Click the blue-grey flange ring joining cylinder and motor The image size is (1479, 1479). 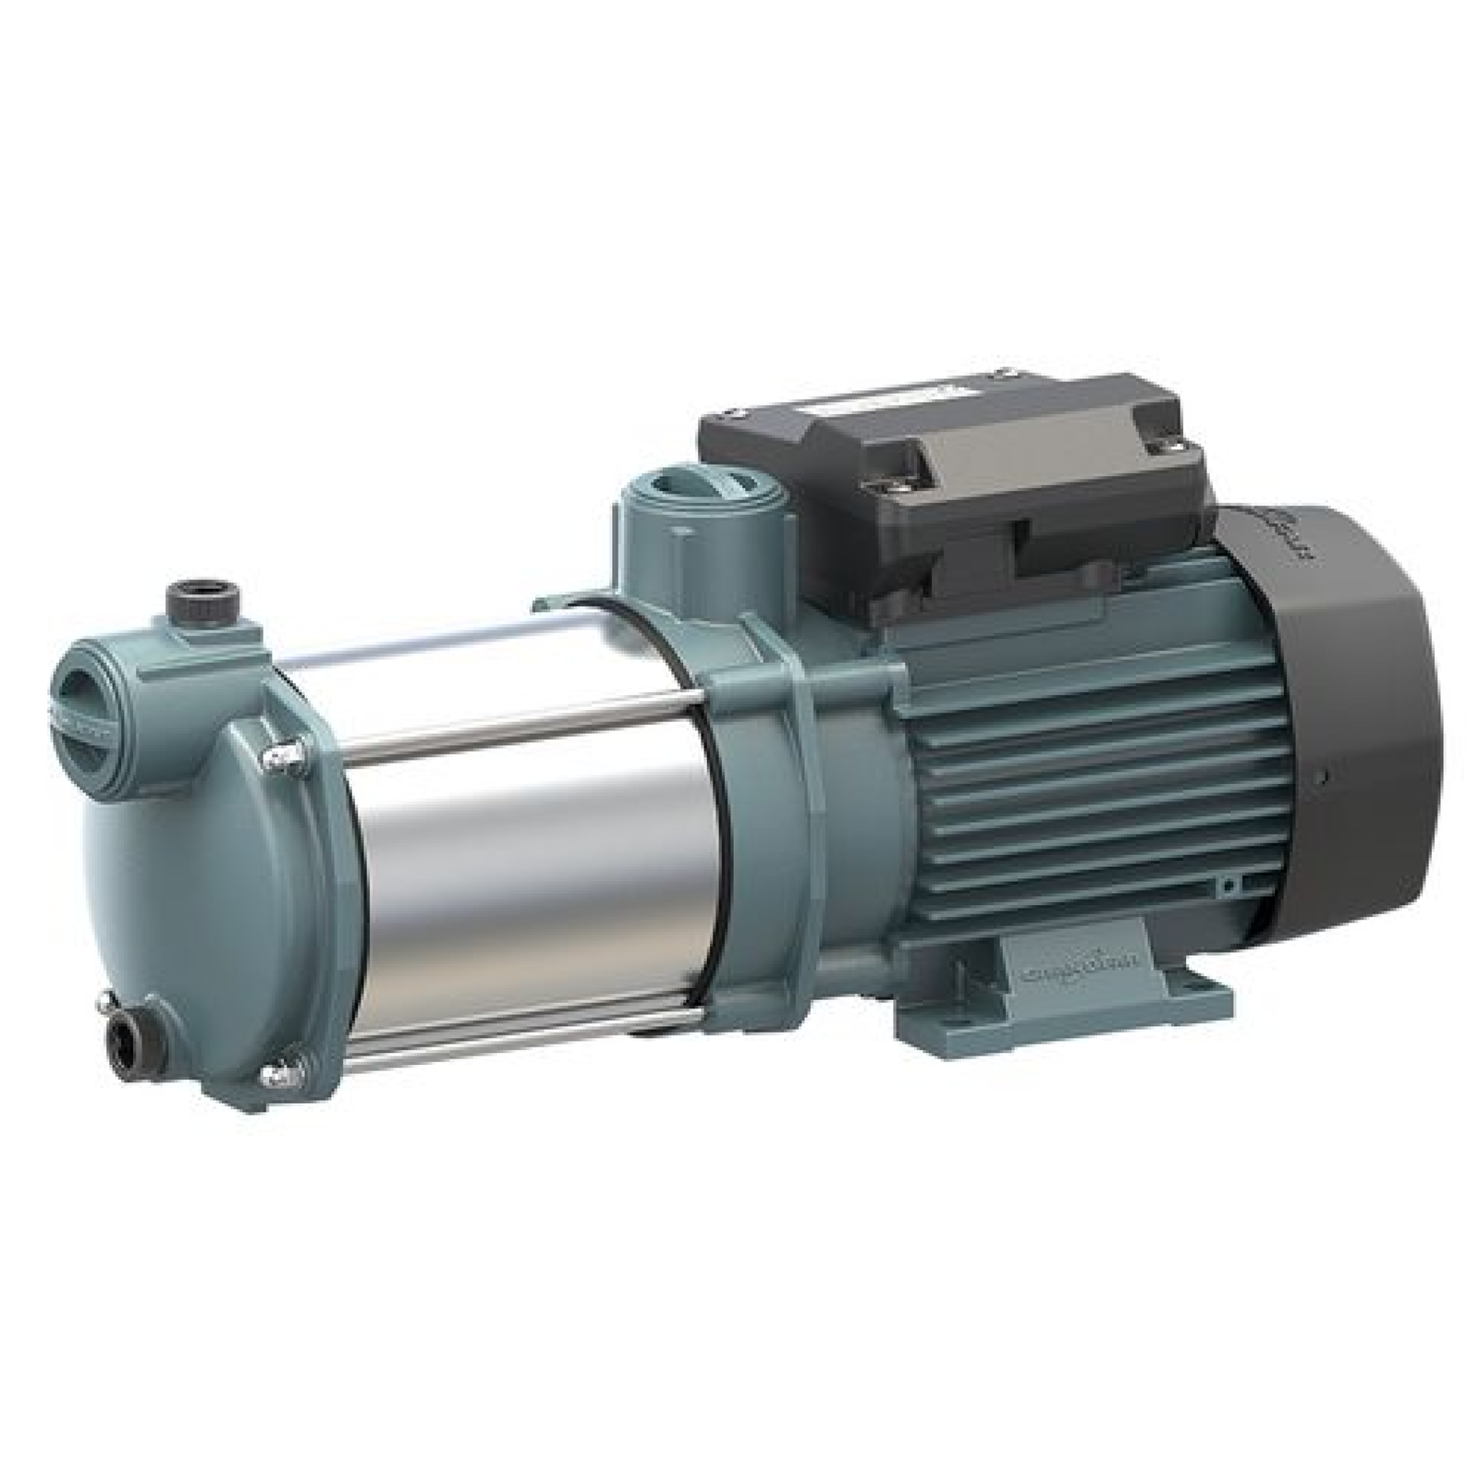(x=767, y=832)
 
